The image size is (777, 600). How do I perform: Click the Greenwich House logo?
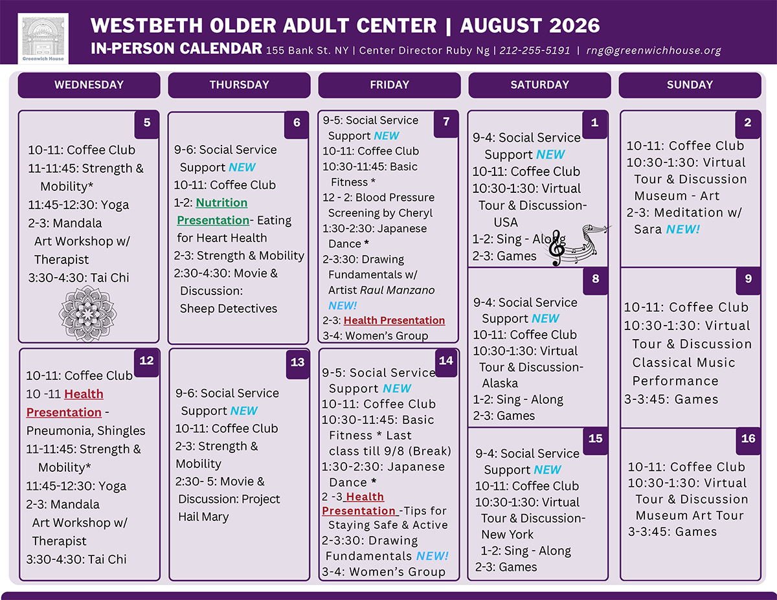(x=43, y=39)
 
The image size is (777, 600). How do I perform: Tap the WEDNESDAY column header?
(x=89, y=85)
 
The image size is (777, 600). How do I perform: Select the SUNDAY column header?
(x=690, y=85)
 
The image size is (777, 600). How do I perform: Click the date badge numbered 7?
(x=446, y=122)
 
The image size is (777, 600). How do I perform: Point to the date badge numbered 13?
(x=297, y=362)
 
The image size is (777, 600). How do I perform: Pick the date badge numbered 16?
(x=748, y=439)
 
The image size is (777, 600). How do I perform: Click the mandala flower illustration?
(x=87, y=313)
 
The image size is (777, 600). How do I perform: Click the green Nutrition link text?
(x=221, y=203)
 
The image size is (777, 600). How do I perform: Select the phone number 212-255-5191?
(x=535, y=50)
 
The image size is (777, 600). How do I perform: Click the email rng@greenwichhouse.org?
(x=653, y=50)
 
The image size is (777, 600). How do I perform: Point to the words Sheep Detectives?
(x=229, y=308)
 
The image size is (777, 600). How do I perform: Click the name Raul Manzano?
(x=398, y=290)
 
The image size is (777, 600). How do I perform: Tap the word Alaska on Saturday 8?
(x=500, y=383)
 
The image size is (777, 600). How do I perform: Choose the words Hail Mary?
(x=203, y=517)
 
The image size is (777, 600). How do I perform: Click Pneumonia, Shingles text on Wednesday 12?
(x=86, y=431)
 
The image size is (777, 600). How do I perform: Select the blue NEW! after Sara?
(x=683, y=229)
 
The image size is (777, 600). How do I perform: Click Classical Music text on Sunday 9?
(x=684, y=362)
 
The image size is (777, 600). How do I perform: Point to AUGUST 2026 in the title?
(x=530, y=25)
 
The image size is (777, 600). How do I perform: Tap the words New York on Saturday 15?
(x=508, y=534)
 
